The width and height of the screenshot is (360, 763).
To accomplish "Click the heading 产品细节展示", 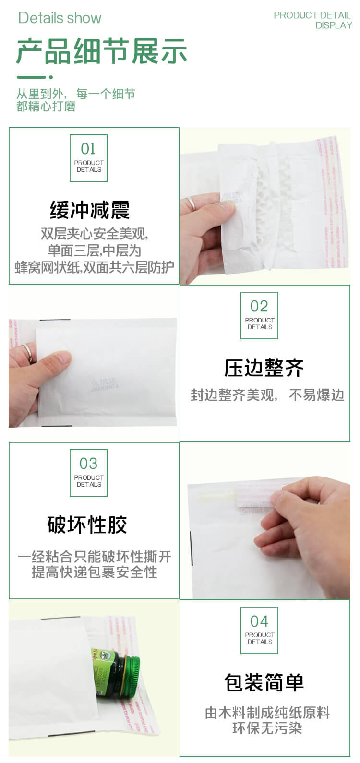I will (101, 52).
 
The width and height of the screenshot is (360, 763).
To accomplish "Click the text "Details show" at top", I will (60, 18).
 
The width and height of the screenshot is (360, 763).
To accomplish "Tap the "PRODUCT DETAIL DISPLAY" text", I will (312, 20).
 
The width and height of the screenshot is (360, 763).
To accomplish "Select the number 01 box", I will (88, 158).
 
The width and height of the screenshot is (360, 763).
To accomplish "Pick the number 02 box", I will (259, 315).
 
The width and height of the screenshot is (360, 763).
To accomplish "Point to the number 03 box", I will (88, 473).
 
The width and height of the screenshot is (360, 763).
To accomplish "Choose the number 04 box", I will (259, 630).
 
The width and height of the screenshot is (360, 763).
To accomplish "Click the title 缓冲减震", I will (90, 210).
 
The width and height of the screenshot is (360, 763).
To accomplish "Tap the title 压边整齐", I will (264, 368).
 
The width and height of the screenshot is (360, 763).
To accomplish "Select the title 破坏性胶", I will (87, 525).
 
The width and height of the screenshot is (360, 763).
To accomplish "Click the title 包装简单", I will (264, 682).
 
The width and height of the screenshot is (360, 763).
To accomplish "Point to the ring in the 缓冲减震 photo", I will (192, 203).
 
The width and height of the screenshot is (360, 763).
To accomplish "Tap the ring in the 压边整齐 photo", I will (28, 353).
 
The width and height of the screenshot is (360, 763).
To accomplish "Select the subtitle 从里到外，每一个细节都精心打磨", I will (75, 100).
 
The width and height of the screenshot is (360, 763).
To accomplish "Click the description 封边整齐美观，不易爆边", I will (267, 395).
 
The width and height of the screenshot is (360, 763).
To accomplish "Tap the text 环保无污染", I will (267, 728).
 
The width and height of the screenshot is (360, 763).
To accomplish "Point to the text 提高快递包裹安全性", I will (94, 572).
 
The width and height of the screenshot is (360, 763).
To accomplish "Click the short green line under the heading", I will (34, 77).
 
